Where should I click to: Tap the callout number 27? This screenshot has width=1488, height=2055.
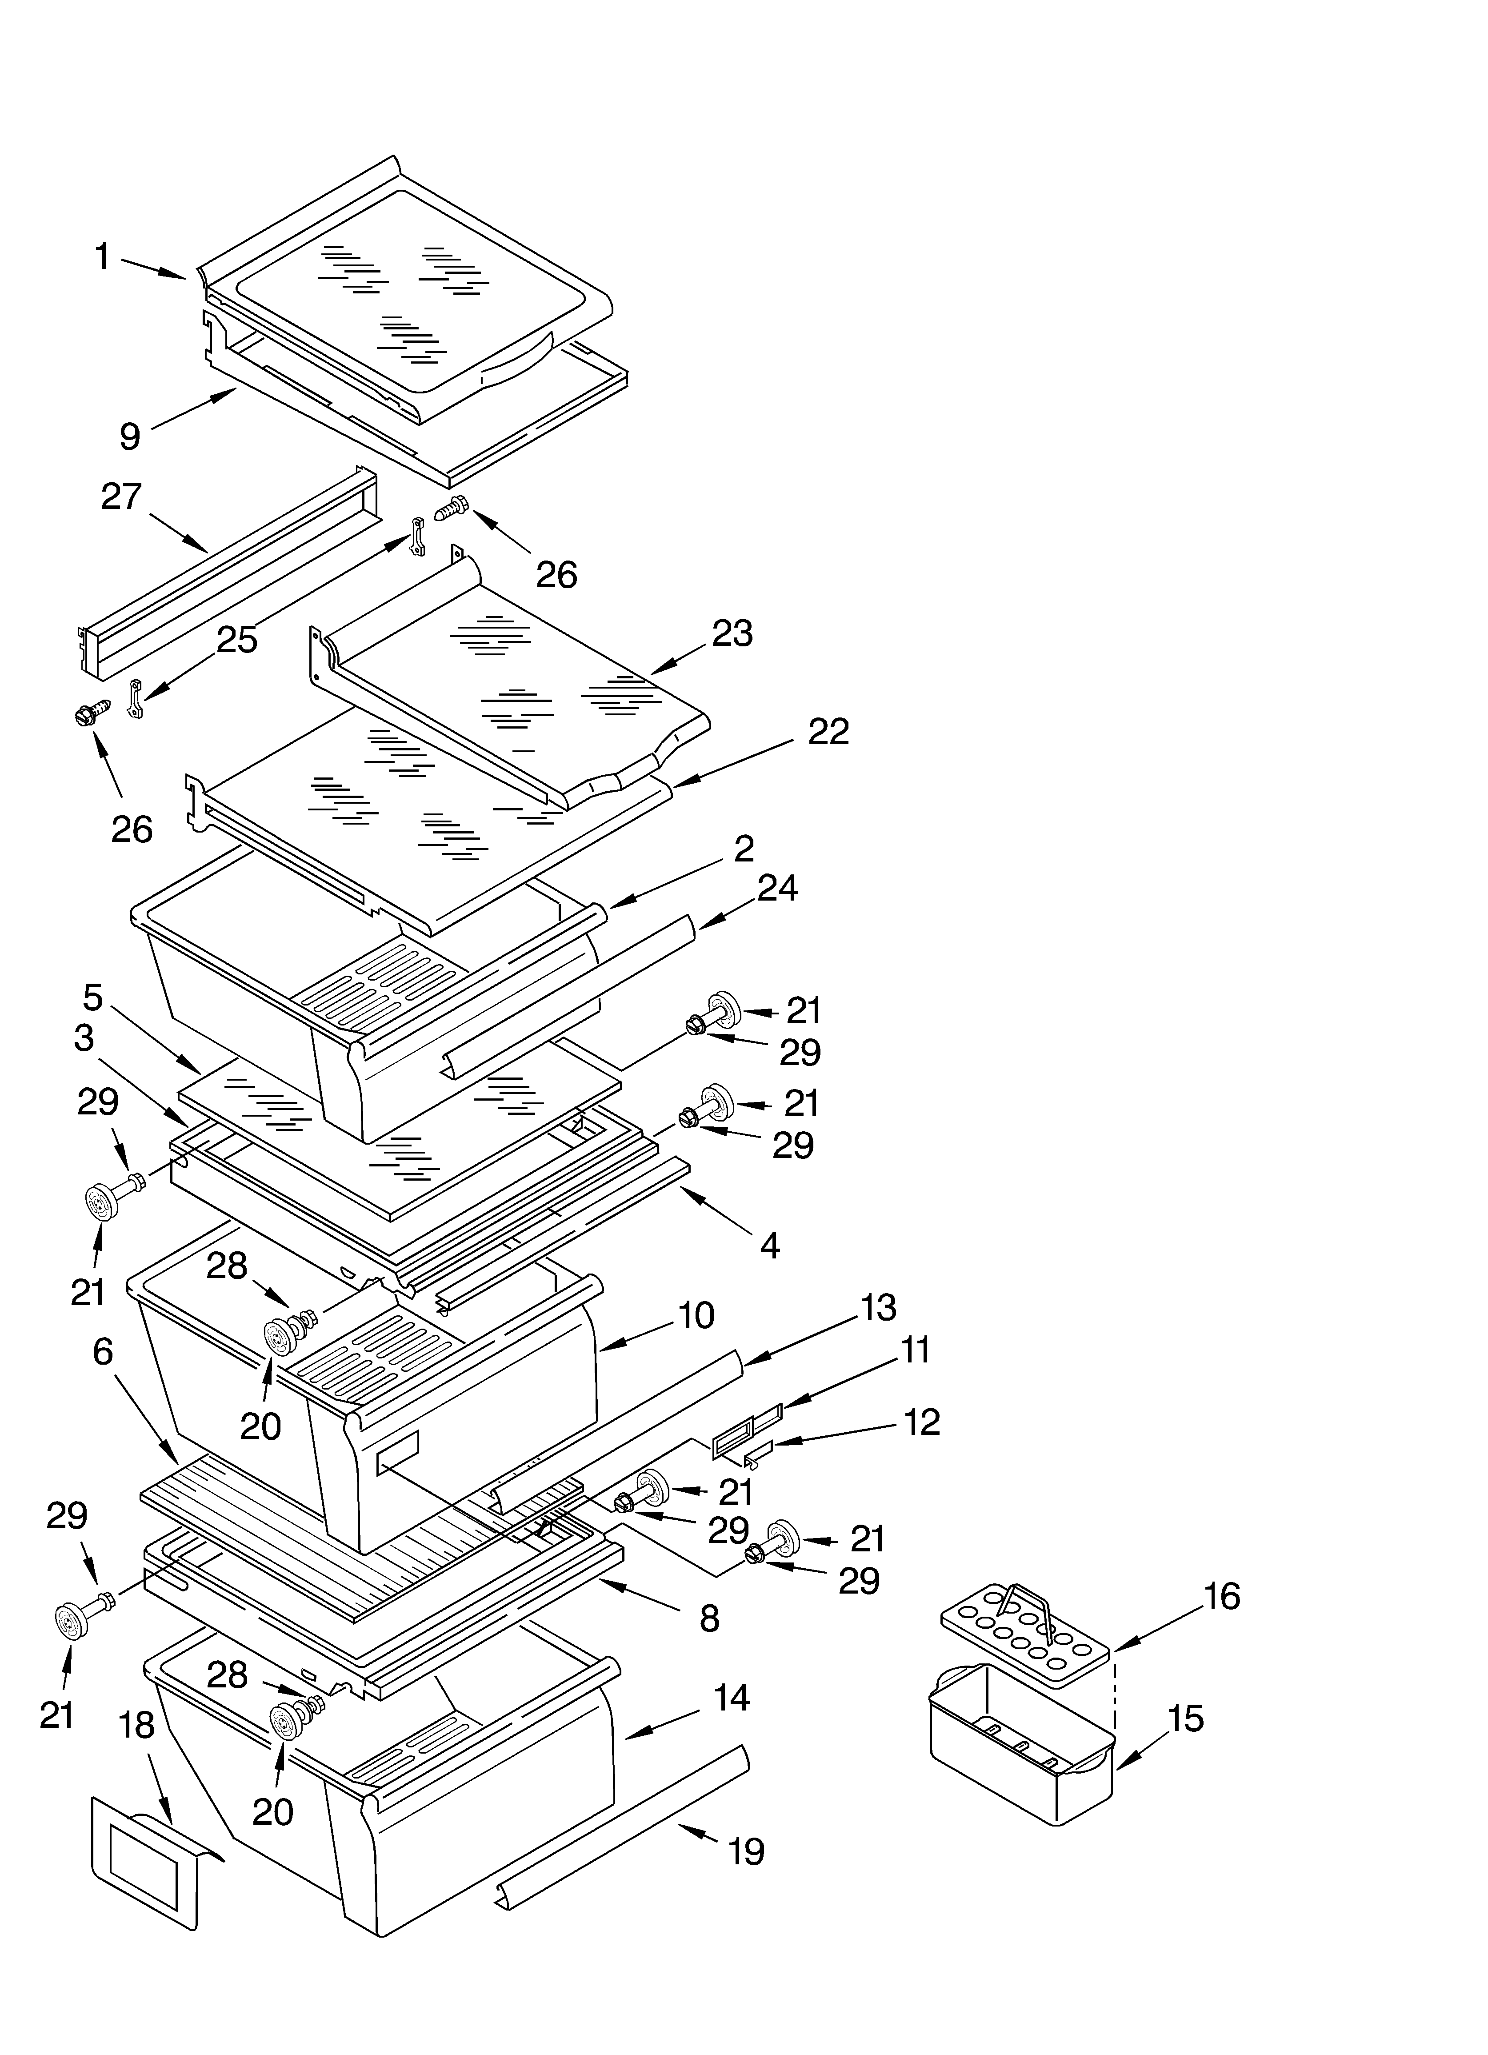[121, 497]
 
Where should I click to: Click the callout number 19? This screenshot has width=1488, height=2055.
[747, 1851]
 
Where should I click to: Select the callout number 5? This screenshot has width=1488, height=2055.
[93, 997]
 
